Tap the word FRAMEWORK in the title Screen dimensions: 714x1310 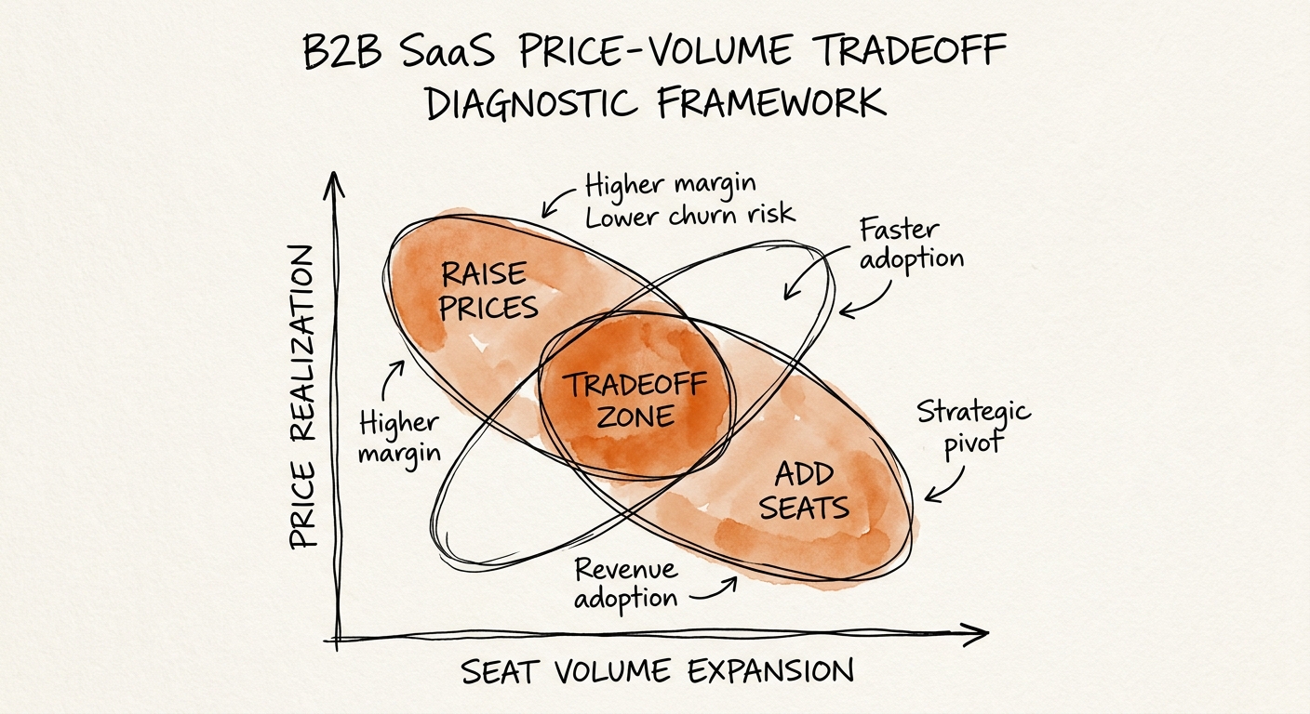(771, 103)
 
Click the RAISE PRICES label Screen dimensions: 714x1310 (488, 290)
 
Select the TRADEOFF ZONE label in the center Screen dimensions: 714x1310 (635, 399)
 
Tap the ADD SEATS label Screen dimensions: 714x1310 (809, 491)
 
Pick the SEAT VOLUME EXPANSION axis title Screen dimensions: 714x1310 (658, 671)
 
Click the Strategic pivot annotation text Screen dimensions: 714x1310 (972, 425)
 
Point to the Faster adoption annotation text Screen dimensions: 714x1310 (910, 244)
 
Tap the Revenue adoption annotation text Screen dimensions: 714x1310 (625, 583)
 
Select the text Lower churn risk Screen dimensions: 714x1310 (689, 215)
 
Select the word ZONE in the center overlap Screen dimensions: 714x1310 (635, 416)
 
